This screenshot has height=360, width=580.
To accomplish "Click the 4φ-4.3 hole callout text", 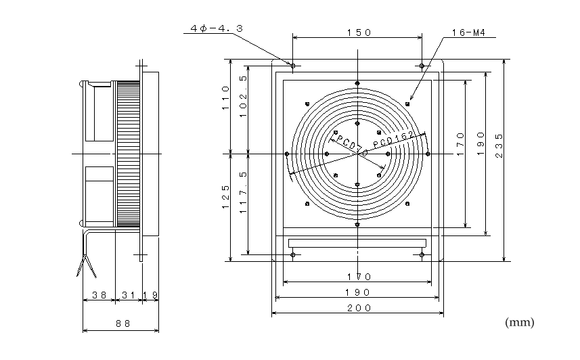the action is tap(217, 28).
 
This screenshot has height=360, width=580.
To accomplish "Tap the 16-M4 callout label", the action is tap(468, 33).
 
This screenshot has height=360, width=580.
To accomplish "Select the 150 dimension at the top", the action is tap(359, 32).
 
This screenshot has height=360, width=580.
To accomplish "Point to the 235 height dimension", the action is tap(499, 145).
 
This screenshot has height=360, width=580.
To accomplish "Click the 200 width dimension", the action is tap(359, 308).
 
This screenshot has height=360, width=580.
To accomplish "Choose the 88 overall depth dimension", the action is tap(123, 323).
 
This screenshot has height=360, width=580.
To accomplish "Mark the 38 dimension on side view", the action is tap(99, 295).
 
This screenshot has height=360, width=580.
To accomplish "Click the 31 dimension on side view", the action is tap(129, 295).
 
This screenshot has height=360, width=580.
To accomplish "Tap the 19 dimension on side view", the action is tap(150, 295).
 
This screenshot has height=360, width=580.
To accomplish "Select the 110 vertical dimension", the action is tap(225, 97).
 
